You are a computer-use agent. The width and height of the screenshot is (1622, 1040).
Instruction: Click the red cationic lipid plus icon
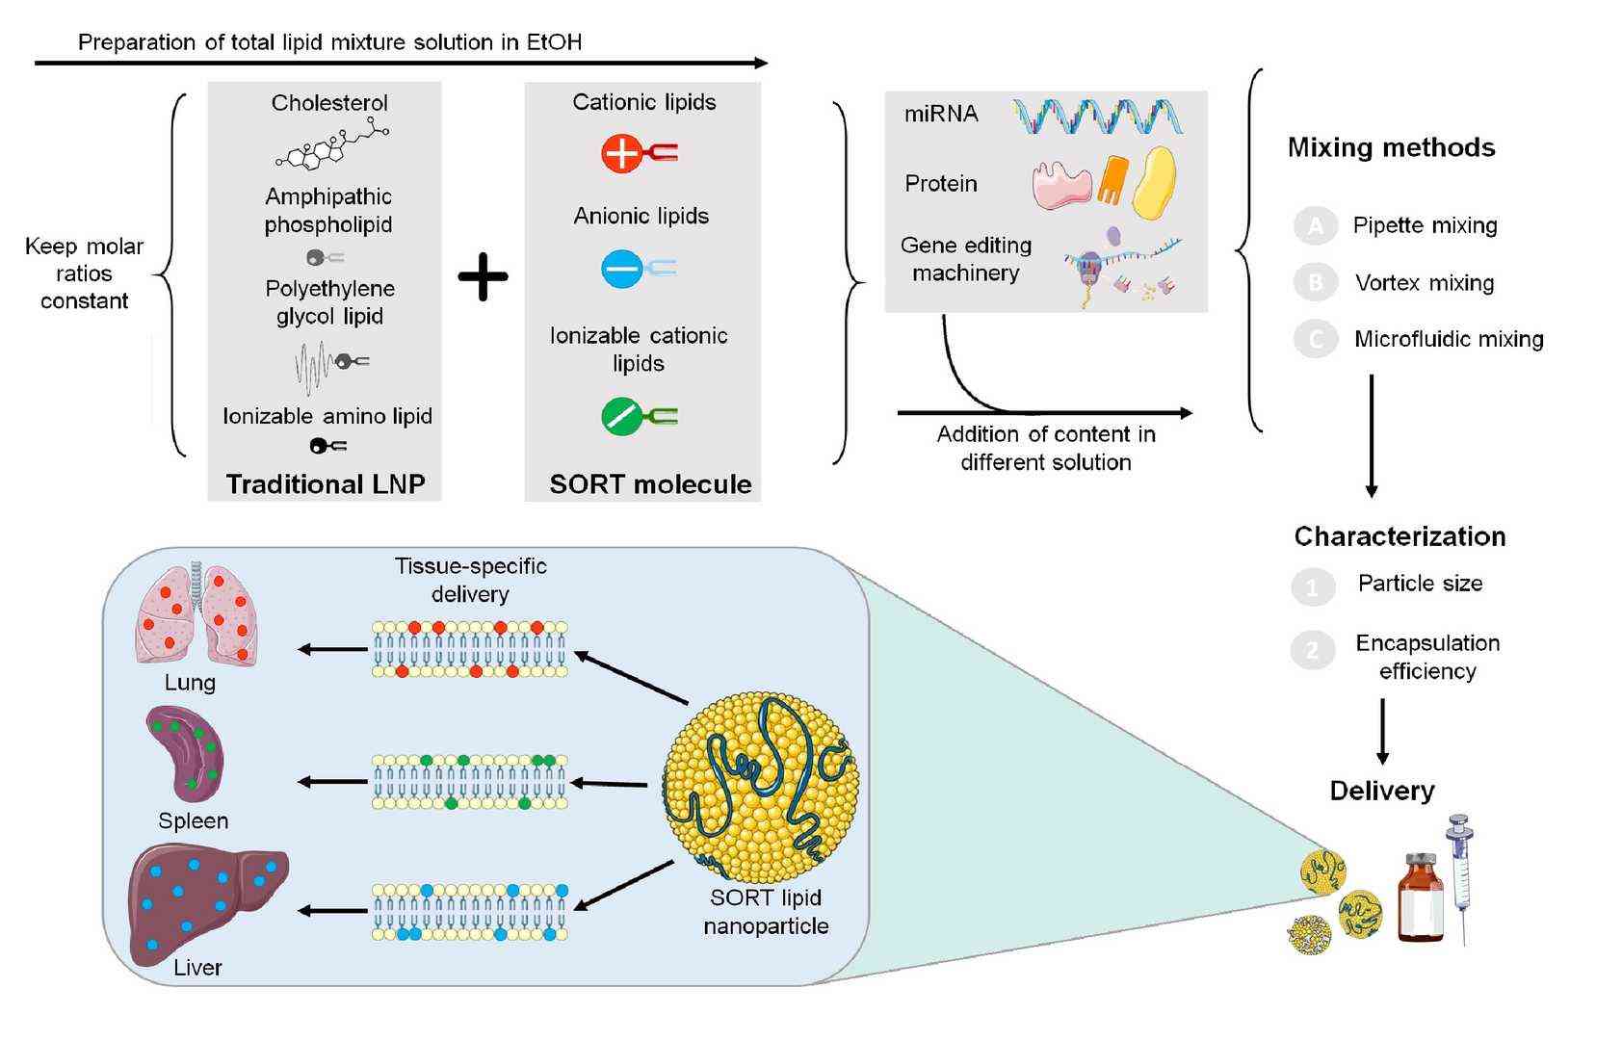pos(622,153)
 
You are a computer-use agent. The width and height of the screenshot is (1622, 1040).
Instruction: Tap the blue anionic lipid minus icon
pos(622,269)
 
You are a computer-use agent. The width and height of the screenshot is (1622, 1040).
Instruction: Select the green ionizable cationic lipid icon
pos(622,416)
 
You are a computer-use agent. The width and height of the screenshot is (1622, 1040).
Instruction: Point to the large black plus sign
pos(483,276)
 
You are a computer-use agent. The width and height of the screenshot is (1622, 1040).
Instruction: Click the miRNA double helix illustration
pos(1098,117)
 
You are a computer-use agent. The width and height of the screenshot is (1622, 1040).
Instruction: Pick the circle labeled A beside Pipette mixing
pos(1315,226)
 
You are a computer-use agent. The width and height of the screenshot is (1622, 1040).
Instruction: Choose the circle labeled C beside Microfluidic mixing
pos(1315,339)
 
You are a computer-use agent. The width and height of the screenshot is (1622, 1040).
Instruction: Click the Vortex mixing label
pos(1424,283)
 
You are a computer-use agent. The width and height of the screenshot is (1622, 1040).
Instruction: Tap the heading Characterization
pos(1400,536)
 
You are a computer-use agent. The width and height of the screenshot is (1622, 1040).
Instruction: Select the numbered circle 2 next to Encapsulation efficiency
pos(1312,651)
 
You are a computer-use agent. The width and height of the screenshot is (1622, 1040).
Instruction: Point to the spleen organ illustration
pos(186,754)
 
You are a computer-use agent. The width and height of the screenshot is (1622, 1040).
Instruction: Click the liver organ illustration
pos(206,901)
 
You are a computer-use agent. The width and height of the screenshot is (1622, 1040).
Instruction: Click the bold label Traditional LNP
pos(326,483)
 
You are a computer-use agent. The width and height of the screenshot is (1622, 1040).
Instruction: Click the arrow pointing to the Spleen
pos(331,781)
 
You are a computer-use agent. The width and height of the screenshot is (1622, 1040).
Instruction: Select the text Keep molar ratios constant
pos(85,273)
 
